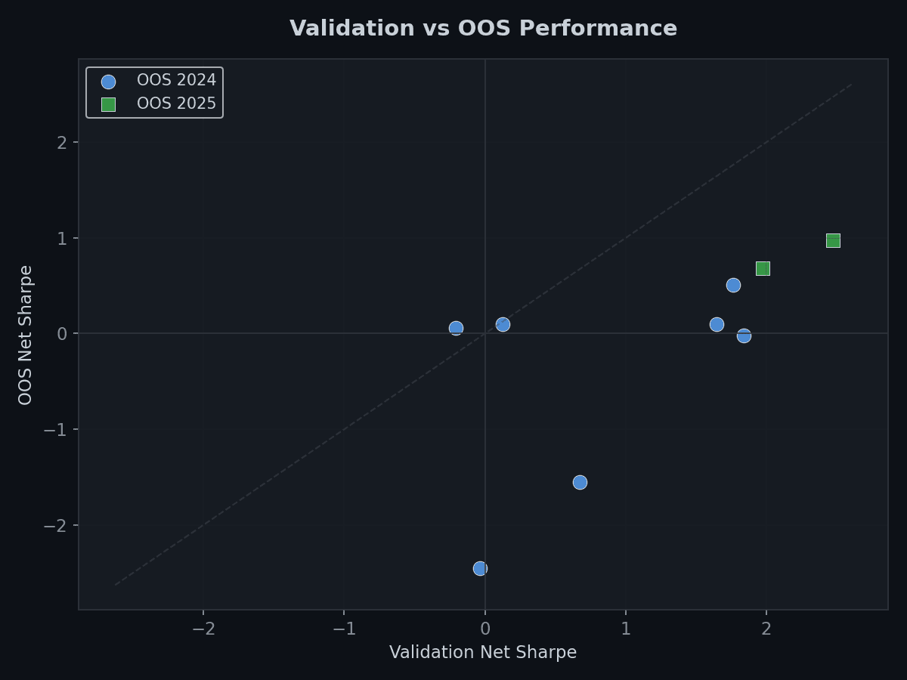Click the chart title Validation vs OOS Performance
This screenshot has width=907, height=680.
click(483, 29)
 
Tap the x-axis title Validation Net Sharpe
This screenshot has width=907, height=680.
click(483, 653)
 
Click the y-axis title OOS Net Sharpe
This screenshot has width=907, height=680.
click(26, 335)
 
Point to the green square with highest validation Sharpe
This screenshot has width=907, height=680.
click(833, 240)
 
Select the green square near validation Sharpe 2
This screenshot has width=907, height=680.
click(763, 268)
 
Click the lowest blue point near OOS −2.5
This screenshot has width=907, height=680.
click(480, 568)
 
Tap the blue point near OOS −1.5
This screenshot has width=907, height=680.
click(580, 482)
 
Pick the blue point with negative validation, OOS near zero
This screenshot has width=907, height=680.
click(456, 328)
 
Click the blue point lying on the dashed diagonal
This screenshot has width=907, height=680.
click(503, 324)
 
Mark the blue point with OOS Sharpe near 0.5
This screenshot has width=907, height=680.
click(733, 285)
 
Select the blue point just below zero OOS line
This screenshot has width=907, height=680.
click(744, 335)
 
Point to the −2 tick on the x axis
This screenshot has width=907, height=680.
click(203, 629)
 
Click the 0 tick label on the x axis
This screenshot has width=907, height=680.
click(484, 629)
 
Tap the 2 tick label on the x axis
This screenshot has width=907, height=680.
click(766, 629)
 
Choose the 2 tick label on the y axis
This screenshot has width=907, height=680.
click(62, 143)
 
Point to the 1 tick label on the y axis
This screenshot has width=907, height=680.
click(62, 239)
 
